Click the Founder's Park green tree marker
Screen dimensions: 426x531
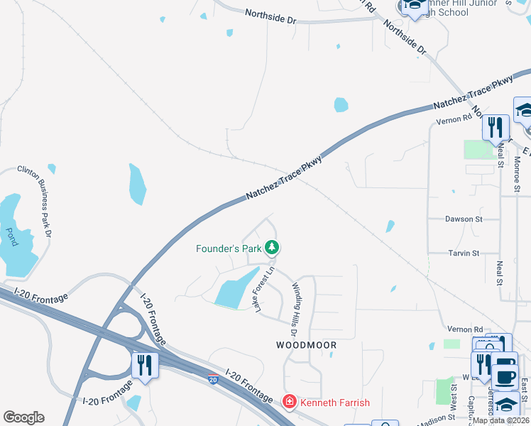(271, 248)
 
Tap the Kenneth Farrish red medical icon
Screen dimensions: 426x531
(290, 403)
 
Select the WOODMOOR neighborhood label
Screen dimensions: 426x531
(306, 344)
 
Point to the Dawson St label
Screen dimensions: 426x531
(464, 219)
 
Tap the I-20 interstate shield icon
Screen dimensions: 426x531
(213, 380)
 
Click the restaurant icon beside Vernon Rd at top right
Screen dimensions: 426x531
(496, 127)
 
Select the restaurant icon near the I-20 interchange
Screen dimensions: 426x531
(145, 365)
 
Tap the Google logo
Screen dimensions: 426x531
(23, 417)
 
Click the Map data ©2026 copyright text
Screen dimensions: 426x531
(500, 420)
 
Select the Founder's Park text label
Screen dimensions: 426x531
(229, 248)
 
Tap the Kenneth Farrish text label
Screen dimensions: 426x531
(334, 403)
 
